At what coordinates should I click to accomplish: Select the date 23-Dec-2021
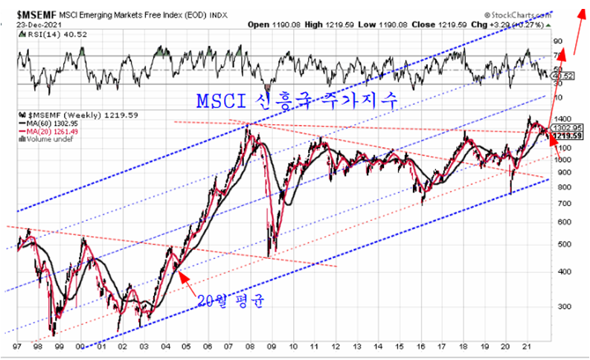click(27, 23)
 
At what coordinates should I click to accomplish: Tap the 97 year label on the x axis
click(16, 347)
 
